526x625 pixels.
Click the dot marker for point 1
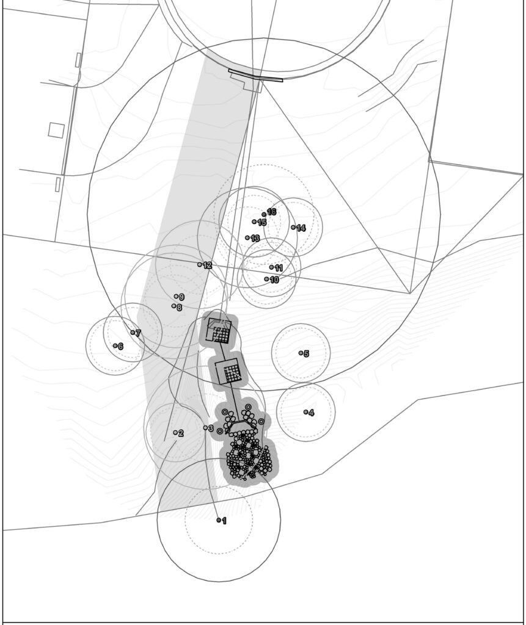point(219,520)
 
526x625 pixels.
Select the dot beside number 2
point(175,433)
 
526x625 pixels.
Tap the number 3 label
point(211,429)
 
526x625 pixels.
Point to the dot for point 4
point(305,412)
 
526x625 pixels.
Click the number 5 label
point(307,353)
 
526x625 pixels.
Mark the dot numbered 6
point(115,345)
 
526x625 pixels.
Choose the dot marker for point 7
point(133,333)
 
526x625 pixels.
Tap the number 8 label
point(179,308)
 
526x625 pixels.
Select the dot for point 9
point(176,296)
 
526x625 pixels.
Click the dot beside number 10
point(266,279)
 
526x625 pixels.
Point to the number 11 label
point(279,268)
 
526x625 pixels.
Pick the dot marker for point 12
point(200,264)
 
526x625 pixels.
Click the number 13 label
point(255,239)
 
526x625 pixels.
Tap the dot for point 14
point(293,227)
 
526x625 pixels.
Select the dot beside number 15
point(254,222)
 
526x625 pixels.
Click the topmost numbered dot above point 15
point(264,214)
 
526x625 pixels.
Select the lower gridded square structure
point(228,370)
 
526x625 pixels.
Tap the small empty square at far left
point(56,131)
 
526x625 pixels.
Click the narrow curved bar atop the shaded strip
point(255,76)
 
